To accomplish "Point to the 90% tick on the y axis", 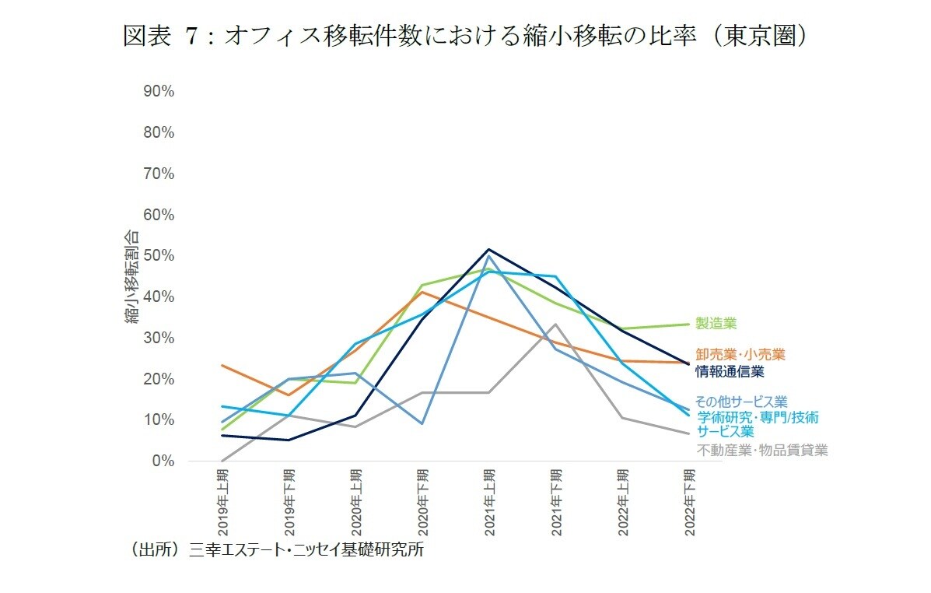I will (159, 91).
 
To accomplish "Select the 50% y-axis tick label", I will (159, 256).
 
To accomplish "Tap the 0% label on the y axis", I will (163, 461).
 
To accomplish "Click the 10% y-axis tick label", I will (159, 420).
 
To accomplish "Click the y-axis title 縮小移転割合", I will (133, 277).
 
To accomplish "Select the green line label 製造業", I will (716, 324).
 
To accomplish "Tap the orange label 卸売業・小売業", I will (740, 355).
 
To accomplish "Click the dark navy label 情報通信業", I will (730, 371).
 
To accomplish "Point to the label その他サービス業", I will (740, 402).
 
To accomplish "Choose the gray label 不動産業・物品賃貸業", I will (761, 450).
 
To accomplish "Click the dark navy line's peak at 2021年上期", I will (488, 249).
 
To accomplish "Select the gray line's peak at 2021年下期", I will (555, 324).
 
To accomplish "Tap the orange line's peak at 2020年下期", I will (422, 292).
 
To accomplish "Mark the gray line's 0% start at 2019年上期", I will (222, 461).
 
